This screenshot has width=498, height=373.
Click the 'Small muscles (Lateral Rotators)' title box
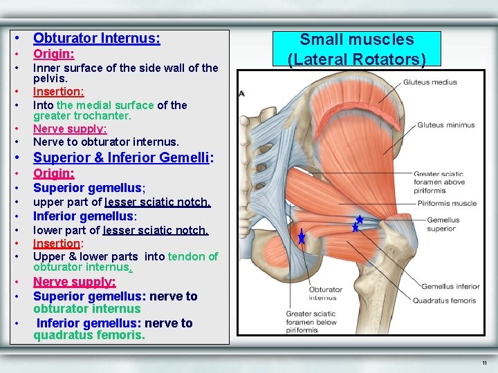[356, 49]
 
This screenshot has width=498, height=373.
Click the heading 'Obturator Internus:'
[96, 39]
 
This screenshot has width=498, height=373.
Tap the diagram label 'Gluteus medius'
[430, 82]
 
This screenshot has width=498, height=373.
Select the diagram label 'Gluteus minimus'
[446, 125]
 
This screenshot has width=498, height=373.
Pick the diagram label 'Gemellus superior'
[443, 224]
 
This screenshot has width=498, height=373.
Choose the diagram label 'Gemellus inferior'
[450, 287]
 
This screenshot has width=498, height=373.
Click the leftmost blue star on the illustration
[302, 238]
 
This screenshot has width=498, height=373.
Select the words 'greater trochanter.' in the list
[82, 115]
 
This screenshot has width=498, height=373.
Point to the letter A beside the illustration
[241, 93]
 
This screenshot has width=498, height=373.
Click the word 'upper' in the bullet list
[49, 202]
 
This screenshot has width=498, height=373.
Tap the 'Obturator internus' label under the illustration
[324, 294]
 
